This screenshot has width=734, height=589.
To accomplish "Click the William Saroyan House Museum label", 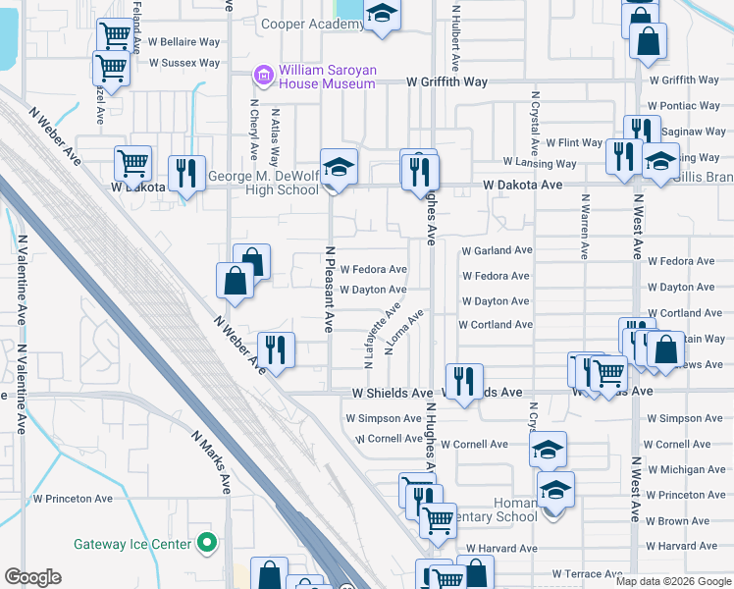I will tap(327, 77).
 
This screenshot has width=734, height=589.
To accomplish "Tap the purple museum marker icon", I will tap(262, 74).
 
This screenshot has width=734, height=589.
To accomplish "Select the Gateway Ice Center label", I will tap(133, 543).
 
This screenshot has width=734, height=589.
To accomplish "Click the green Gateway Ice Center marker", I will tap(206, 542).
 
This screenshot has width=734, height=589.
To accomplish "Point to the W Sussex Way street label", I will tap(183, 63).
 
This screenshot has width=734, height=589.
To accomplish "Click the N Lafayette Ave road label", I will tap(382, 335).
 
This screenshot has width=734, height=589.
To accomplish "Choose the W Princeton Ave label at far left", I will tap(72, 499).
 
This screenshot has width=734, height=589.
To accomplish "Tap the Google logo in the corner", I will tap(32, 577).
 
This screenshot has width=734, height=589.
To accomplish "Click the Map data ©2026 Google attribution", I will tap(674, 581).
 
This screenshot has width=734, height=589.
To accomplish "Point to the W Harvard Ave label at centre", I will tap(501, 548).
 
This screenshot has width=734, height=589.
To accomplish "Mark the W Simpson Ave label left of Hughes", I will tap(383, 418).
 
